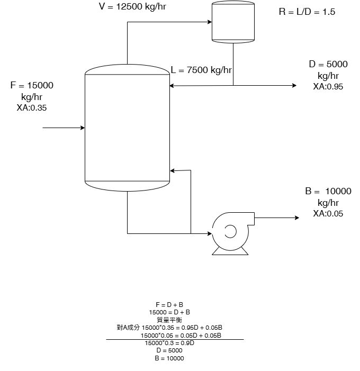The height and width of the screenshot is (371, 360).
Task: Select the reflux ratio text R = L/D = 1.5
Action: [307, 12]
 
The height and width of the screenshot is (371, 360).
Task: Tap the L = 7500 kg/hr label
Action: [201, 69]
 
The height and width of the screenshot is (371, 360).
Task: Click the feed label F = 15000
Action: [32, 85]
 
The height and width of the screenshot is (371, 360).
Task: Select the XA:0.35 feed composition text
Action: [32, 107]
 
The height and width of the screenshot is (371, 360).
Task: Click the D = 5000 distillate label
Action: [328, 65]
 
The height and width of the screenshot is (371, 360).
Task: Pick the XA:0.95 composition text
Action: [328, 87]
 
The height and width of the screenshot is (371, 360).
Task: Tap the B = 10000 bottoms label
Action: [328, 192]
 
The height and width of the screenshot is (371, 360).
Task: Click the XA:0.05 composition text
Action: [328, 214]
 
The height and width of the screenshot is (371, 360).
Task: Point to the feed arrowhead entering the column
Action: [83, 128]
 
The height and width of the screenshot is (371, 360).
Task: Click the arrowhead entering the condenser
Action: [209, 22]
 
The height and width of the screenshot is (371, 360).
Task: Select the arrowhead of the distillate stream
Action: [294, 85]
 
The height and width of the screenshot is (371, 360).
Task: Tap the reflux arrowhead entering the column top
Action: [173, 85]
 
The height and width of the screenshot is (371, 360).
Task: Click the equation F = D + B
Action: [169, 305]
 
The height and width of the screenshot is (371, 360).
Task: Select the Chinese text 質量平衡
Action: [169, 320]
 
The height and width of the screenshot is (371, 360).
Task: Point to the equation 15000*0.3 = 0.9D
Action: [169, 343]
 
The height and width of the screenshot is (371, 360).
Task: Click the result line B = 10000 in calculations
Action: [169, 358]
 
